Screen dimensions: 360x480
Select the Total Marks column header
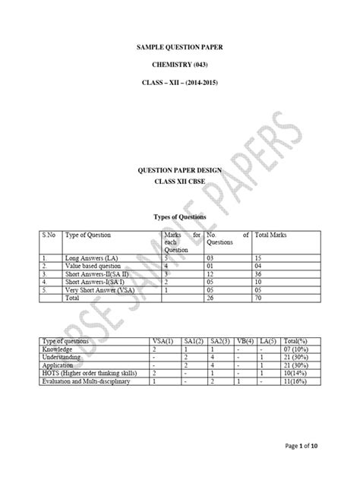[x=271, y=236]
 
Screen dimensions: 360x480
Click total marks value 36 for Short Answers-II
[x=260, y=274]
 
